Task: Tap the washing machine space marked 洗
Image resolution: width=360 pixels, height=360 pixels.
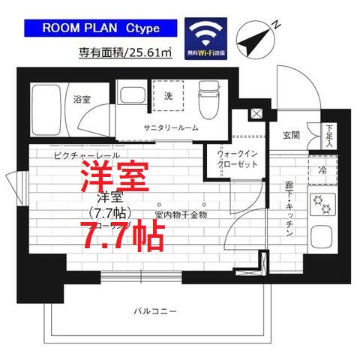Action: [169, 95]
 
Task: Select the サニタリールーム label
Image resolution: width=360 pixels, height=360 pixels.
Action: [172, 127]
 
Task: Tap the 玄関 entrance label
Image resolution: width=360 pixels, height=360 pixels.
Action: [291, 135]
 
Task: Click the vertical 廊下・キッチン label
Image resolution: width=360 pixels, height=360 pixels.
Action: [289, 211]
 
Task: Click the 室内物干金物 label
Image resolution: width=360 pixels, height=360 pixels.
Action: [181, 215]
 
